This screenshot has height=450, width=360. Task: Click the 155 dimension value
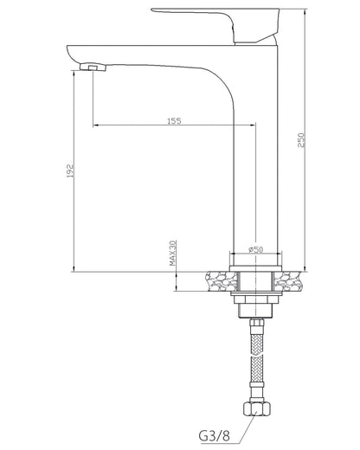[175, 120]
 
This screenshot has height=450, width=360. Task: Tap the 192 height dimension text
[70, 170]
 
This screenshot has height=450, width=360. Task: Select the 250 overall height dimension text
[301, 140]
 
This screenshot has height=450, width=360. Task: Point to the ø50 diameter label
[255, 249]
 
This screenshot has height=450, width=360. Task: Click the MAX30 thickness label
[172, 253]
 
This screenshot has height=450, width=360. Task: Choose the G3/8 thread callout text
[215, 435]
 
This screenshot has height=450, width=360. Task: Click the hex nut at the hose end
[257, 408]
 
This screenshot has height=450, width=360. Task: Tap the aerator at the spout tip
[93, 67]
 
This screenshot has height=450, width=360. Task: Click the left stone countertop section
[222, 281]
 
